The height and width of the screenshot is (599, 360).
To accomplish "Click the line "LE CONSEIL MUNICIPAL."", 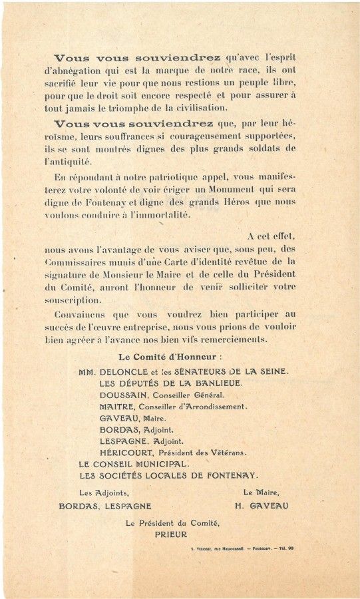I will (134, 463).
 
